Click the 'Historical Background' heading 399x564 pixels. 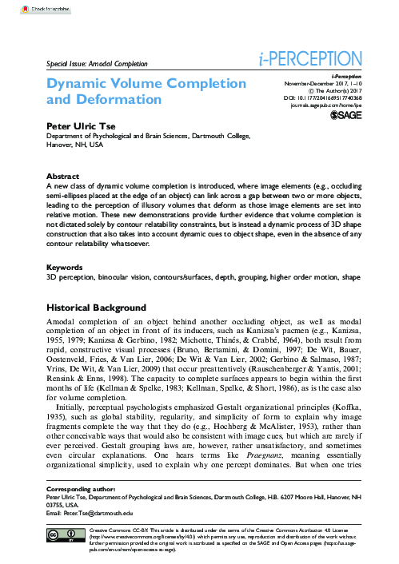[x=97, y=308]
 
